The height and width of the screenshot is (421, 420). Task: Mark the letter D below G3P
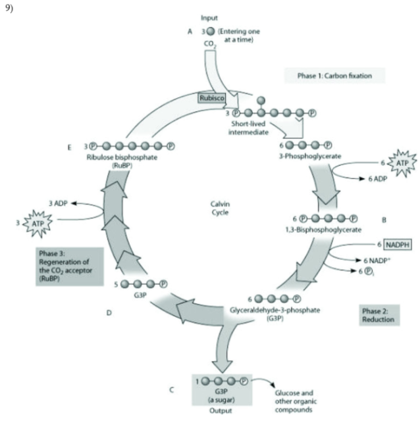pos(109,313)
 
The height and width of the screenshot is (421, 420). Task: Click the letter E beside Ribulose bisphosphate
pos(68,146)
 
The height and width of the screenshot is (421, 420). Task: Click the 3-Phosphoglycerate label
pos(311,158)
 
